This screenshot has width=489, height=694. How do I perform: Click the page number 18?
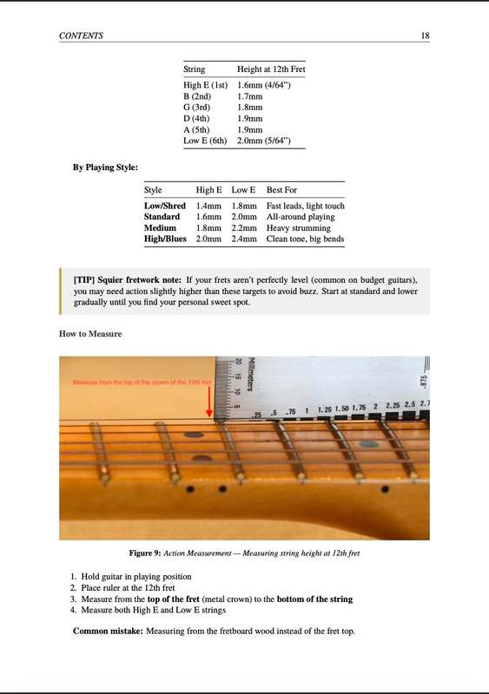pos(425,36)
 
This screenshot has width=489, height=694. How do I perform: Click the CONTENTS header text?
pos(81,36)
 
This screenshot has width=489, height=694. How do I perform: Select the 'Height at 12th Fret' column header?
pos(270,69)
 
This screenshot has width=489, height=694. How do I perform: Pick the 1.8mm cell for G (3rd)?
pos(249,108)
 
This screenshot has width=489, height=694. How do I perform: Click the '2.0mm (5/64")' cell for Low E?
pos(270,141)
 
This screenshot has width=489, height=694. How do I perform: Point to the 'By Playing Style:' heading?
pos(105,167)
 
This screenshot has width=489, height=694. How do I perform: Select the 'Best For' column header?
pos(282,189)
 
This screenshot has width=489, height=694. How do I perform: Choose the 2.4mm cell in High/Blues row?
pos(244,239)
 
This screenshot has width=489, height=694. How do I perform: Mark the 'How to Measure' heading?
pos(90,334)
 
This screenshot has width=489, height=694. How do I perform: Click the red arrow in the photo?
pos(209,403)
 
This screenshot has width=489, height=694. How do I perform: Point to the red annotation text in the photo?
pos(142,383)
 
